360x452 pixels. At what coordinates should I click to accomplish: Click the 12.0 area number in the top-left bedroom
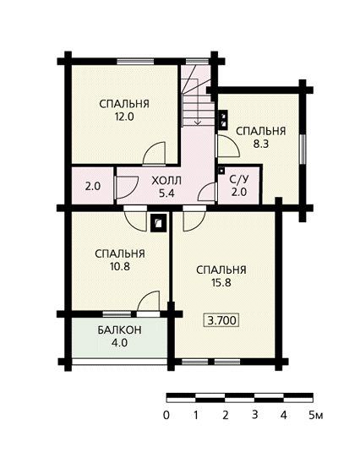(x=124, y=117)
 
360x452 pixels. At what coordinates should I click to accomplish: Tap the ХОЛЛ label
(x=166, y=181)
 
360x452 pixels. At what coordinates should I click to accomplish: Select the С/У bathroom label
(x=239, y=180)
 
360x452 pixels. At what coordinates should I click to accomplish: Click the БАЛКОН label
(x=119, y=329)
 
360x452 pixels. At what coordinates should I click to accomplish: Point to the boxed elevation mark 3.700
(x=221, y=320)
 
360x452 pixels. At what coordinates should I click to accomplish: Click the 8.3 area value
(x=261, y=144)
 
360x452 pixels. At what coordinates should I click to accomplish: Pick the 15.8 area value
(x=221, y=283)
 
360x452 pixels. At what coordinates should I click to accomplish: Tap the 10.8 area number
(x=120, y=267)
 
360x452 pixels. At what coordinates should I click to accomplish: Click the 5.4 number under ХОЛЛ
(x=166, y=193)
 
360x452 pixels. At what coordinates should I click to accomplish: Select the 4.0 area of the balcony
(x=120, y=343)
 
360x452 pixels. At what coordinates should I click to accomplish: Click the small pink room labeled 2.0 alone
(x=93, y=186)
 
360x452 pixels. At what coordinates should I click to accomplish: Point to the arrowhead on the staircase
(x=198, y=123)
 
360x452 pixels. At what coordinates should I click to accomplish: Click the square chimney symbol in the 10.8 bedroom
(x=159, y=222)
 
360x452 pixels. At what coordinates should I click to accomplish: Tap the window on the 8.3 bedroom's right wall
(x=302, y=150)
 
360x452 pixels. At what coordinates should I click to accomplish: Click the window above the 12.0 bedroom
(x=135, y=62)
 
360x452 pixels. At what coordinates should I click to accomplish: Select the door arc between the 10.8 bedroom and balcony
(x=148, y=301)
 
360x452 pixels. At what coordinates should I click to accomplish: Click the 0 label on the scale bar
(x=166, y=416)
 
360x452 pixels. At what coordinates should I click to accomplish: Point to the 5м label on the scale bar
(x=315, y=416)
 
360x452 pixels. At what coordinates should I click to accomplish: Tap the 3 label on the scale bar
(x=255, y=415)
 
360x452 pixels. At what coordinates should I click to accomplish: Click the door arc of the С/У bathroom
(x=206, y=192)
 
